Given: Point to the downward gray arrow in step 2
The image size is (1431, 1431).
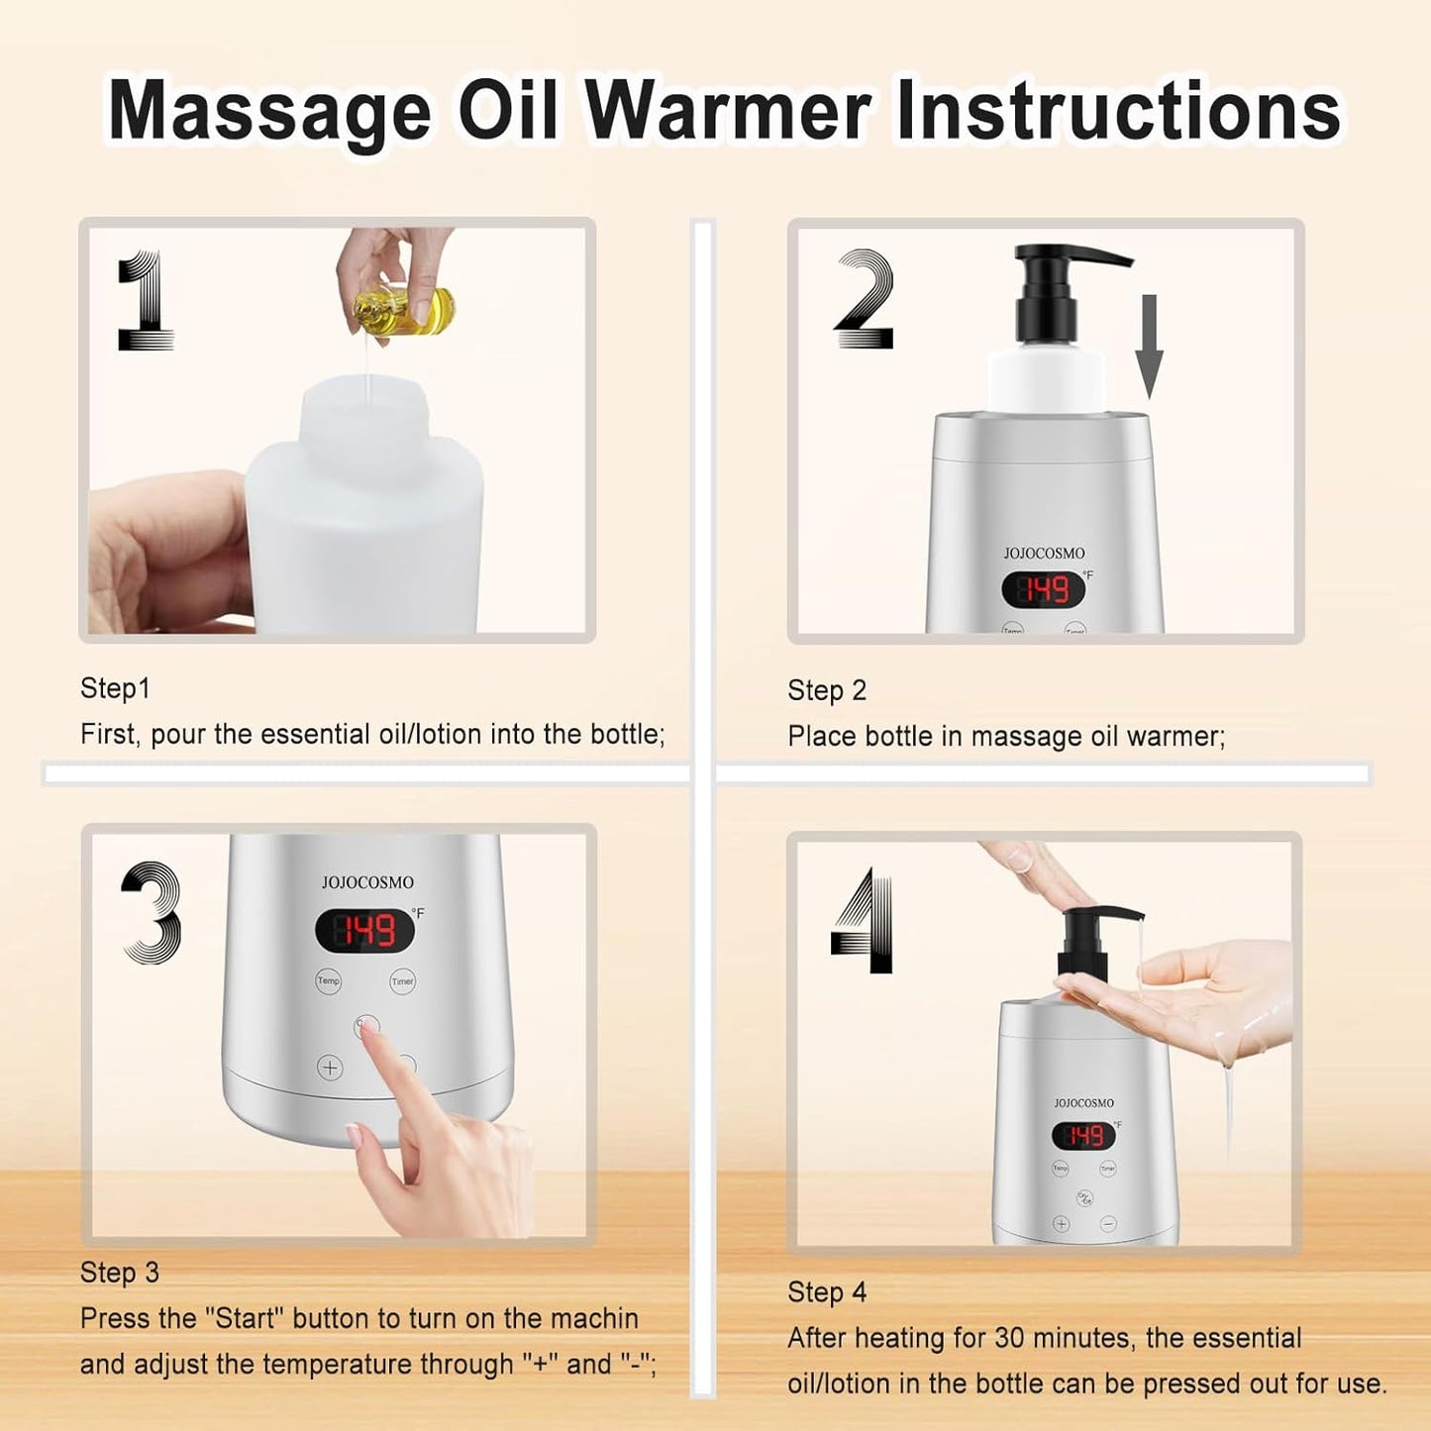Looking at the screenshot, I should point(1148,346).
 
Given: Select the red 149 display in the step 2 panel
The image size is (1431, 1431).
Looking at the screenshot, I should point(1044,590).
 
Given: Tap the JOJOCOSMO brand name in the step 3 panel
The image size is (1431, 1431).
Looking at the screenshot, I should point(367,882).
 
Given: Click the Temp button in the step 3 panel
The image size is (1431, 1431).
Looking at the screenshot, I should point(328,980).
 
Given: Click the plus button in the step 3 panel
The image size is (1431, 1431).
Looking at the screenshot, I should point(330,1068).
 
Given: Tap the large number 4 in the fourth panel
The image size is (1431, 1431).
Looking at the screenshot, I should point(864,921).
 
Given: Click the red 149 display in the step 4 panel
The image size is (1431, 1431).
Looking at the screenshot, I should point(1083,1135).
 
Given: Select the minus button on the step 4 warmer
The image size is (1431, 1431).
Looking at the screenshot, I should point(1108,1224).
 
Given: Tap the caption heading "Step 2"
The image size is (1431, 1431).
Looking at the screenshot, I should point(827,690).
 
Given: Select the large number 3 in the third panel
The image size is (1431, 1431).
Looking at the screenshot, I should point(152,913).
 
